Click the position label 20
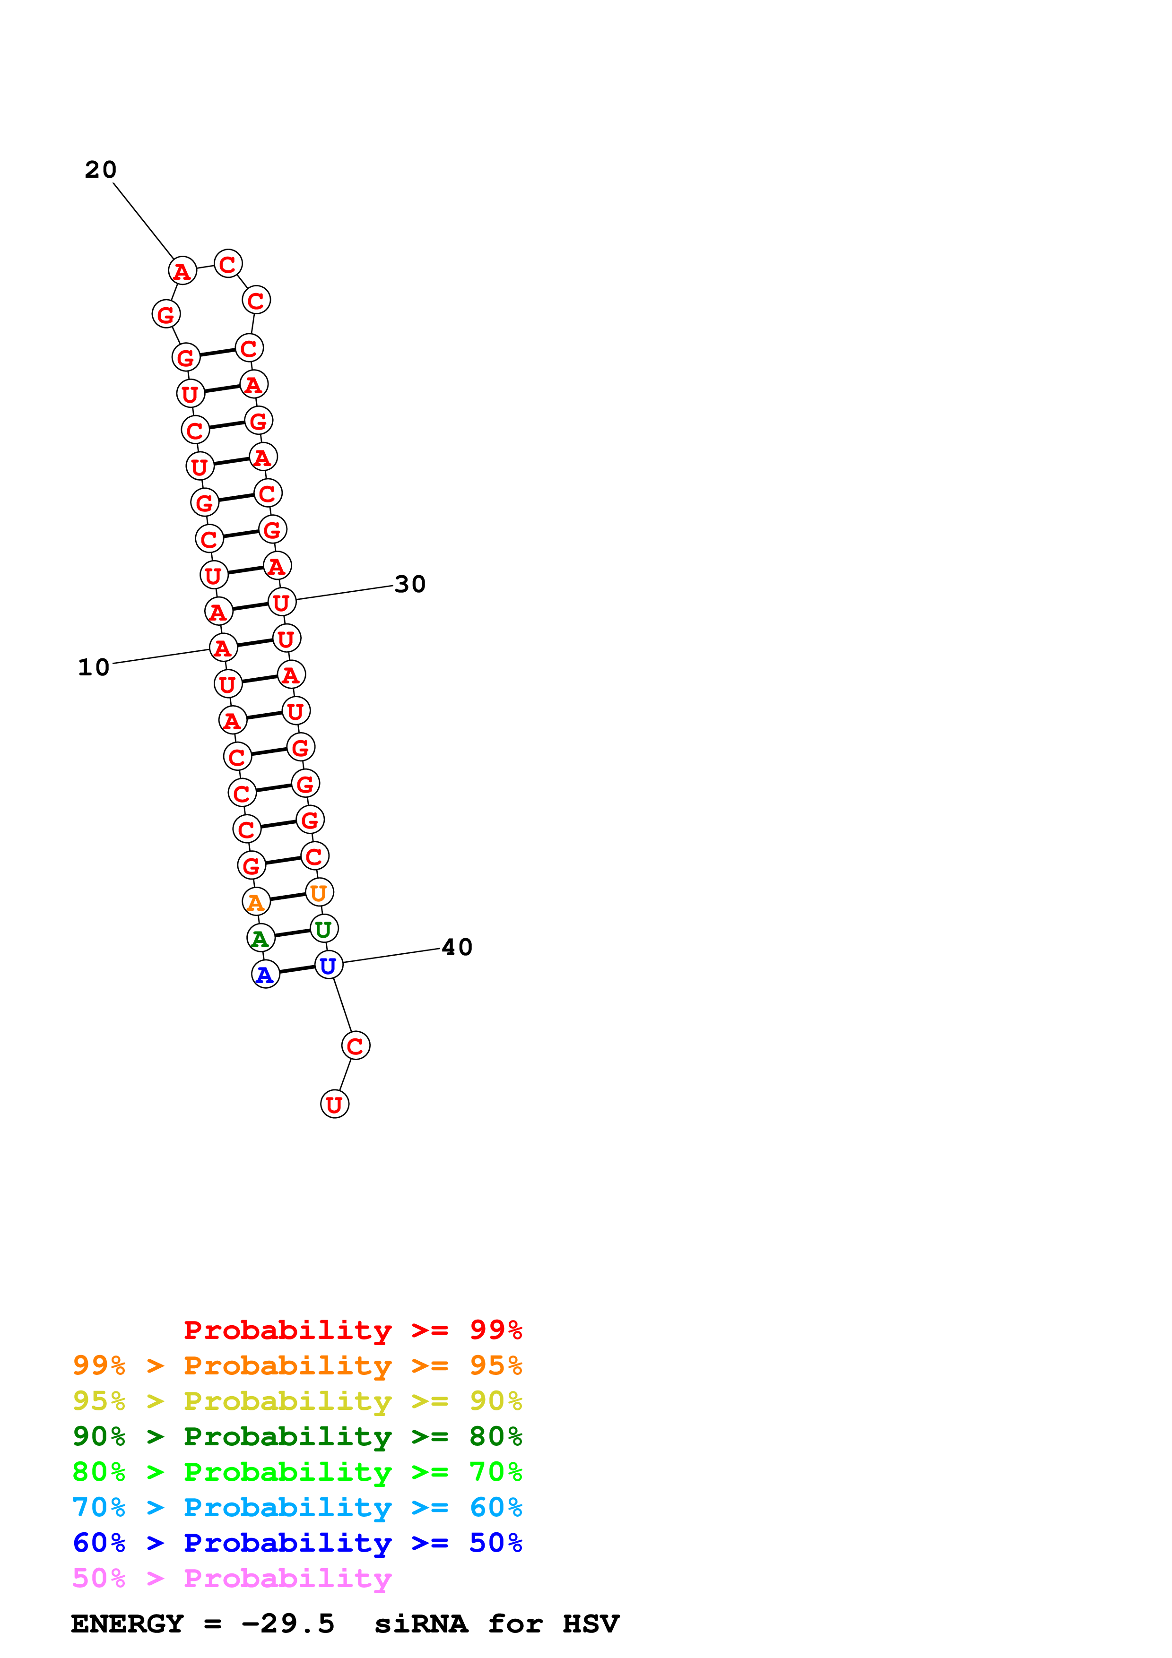point(100,170)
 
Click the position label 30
point(410,584)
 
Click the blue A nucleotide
point(265,975)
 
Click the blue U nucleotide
point(329,966)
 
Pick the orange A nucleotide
point(256,902)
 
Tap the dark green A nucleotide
point(260,938)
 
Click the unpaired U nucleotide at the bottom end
point(334,1104)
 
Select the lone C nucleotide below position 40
point(355,1045)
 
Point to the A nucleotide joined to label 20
point(182,271)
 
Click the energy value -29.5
point(288,1624)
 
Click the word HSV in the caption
point(590,1624)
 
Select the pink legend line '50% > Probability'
point(232,1579)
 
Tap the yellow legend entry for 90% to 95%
point(297,1401)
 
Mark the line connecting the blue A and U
point(297,970)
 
